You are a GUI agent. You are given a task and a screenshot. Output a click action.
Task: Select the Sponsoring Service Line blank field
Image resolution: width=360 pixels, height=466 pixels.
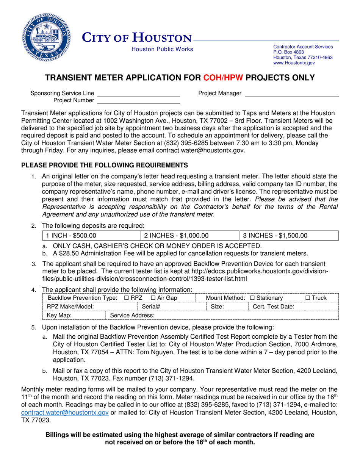[139, 93]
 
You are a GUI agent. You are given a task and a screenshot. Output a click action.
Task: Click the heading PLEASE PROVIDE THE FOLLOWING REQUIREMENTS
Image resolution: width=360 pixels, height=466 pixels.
[104, 165]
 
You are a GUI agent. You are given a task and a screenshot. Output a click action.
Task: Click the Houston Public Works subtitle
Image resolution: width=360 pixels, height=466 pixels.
[162, 49]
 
